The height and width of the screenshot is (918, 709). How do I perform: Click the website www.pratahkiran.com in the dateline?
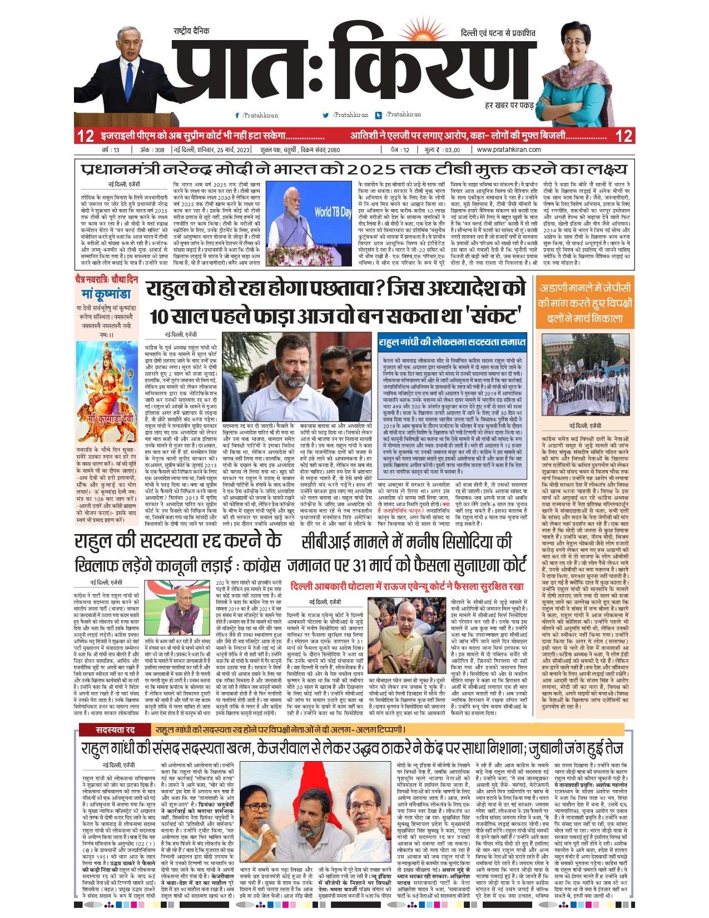pos(509,150)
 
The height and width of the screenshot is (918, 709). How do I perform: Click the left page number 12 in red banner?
pos(86,136)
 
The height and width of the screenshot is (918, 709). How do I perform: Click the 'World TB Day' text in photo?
pos(333,212)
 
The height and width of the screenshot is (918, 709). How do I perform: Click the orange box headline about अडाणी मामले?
pos(584,303)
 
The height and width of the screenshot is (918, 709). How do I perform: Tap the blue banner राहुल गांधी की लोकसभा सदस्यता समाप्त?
pos(451,342)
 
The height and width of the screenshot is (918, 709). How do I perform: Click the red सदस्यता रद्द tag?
pos(115,729)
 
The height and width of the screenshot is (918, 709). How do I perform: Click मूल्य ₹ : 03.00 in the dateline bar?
pos(443,150)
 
